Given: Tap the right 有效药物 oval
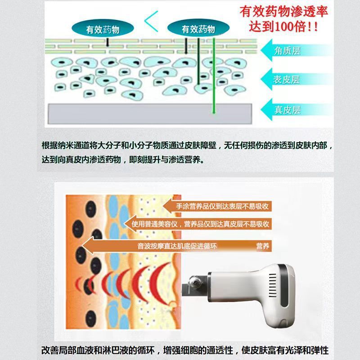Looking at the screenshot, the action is tap(198, 30).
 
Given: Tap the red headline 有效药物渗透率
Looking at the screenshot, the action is tap(283, 11).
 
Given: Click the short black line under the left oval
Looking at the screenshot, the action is tap(108, 42).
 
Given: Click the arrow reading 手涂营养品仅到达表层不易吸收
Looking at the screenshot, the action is tap(216, 207).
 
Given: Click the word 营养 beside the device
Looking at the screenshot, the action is tap(262, 246).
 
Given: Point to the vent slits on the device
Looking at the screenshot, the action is tap(273, 286).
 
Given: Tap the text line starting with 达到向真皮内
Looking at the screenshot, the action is tap(122, 160).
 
